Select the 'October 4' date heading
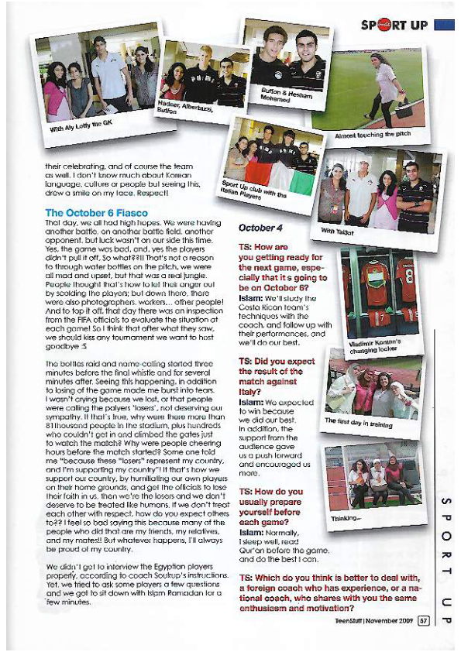[x=256, y=228]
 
